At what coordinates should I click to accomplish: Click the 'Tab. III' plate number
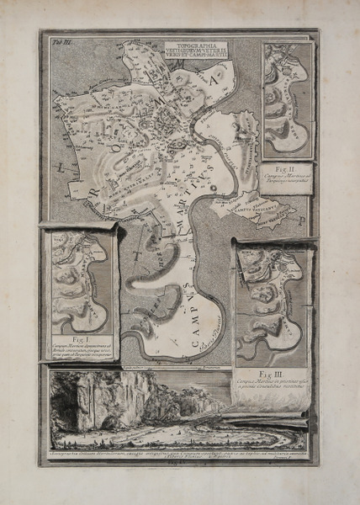click(50, 39)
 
